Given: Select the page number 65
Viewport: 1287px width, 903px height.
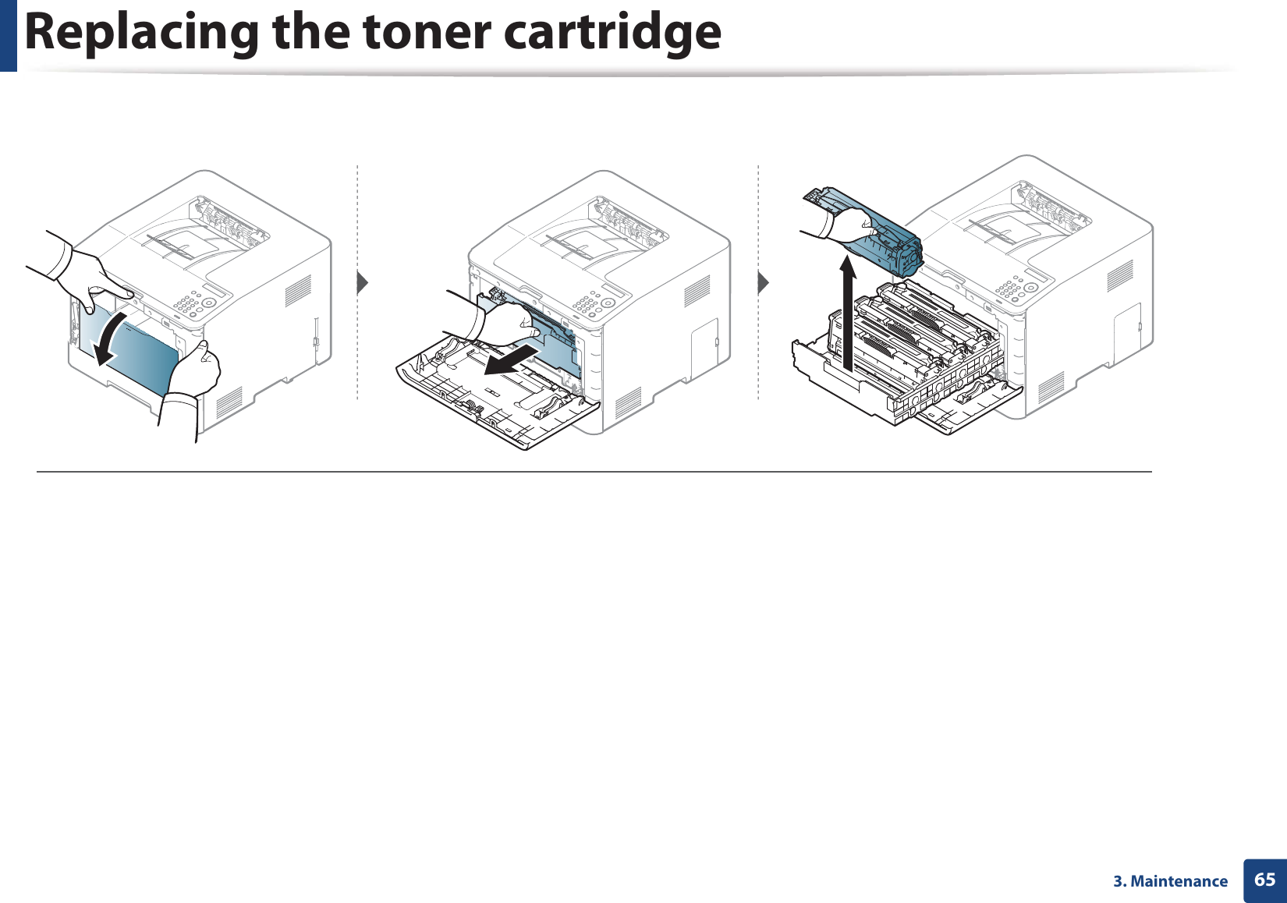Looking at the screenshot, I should point(1264,880).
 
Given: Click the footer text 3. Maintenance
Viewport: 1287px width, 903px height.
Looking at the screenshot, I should point(1170,881).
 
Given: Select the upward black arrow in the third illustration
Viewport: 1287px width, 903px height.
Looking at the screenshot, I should point(849,312).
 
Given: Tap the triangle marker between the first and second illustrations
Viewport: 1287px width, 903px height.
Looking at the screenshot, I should point(362,282).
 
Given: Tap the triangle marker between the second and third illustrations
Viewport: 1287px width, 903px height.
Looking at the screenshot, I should point(764,282).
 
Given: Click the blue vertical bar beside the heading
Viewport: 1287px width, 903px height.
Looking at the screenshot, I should point(8,35).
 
